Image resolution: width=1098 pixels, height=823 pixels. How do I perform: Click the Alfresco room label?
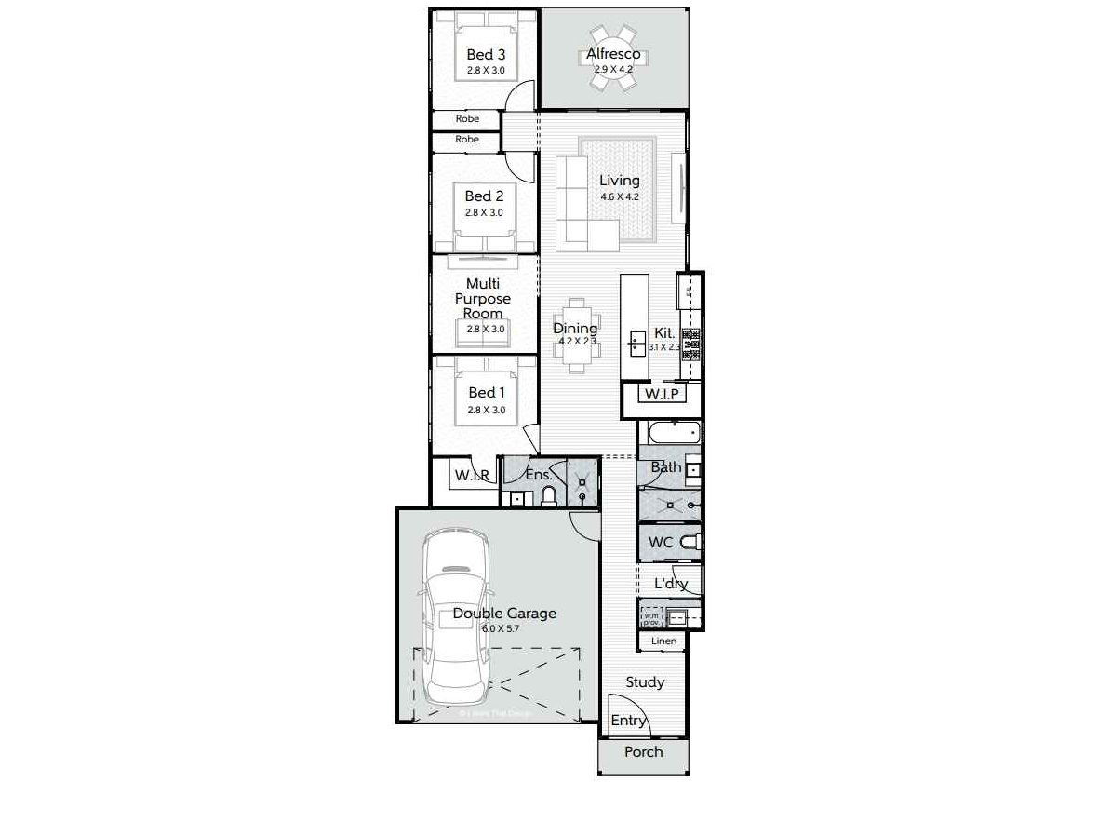coord(613,55)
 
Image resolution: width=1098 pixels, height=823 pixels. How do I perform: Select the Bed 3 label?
coord(485,55)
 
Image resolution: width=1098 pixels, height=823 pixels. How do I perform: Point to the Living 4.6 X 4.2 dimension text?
coord(619,196)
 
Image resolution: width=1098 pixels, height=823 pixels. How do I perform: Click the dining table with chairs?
coord(578,336)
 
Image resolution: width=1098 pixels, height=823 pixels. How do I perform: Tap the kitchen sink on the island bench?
coord(636,342)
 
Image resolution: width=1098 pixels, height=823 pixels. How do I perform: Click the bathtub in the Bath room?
coord(671,433)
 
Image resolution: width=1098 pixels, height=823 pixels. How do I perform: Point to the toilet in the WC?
coord(688,542)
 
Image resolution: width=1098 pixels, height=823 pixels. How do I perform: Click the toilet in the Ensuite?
coord(548,495)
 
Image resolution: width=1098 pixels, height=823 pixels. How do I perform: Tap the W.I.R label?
coord(472,476)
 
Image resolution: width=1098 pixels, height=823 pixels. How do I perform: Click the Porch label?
coord(643,751)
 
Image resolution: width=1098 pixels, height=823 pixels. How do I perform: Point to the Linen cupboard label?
coord(663,641)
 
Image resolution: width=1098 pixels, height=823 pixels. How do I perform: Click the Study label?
coord(644,682)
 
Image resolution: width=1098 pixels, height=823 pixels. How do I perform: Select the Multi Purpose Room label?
coord(489,299)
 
